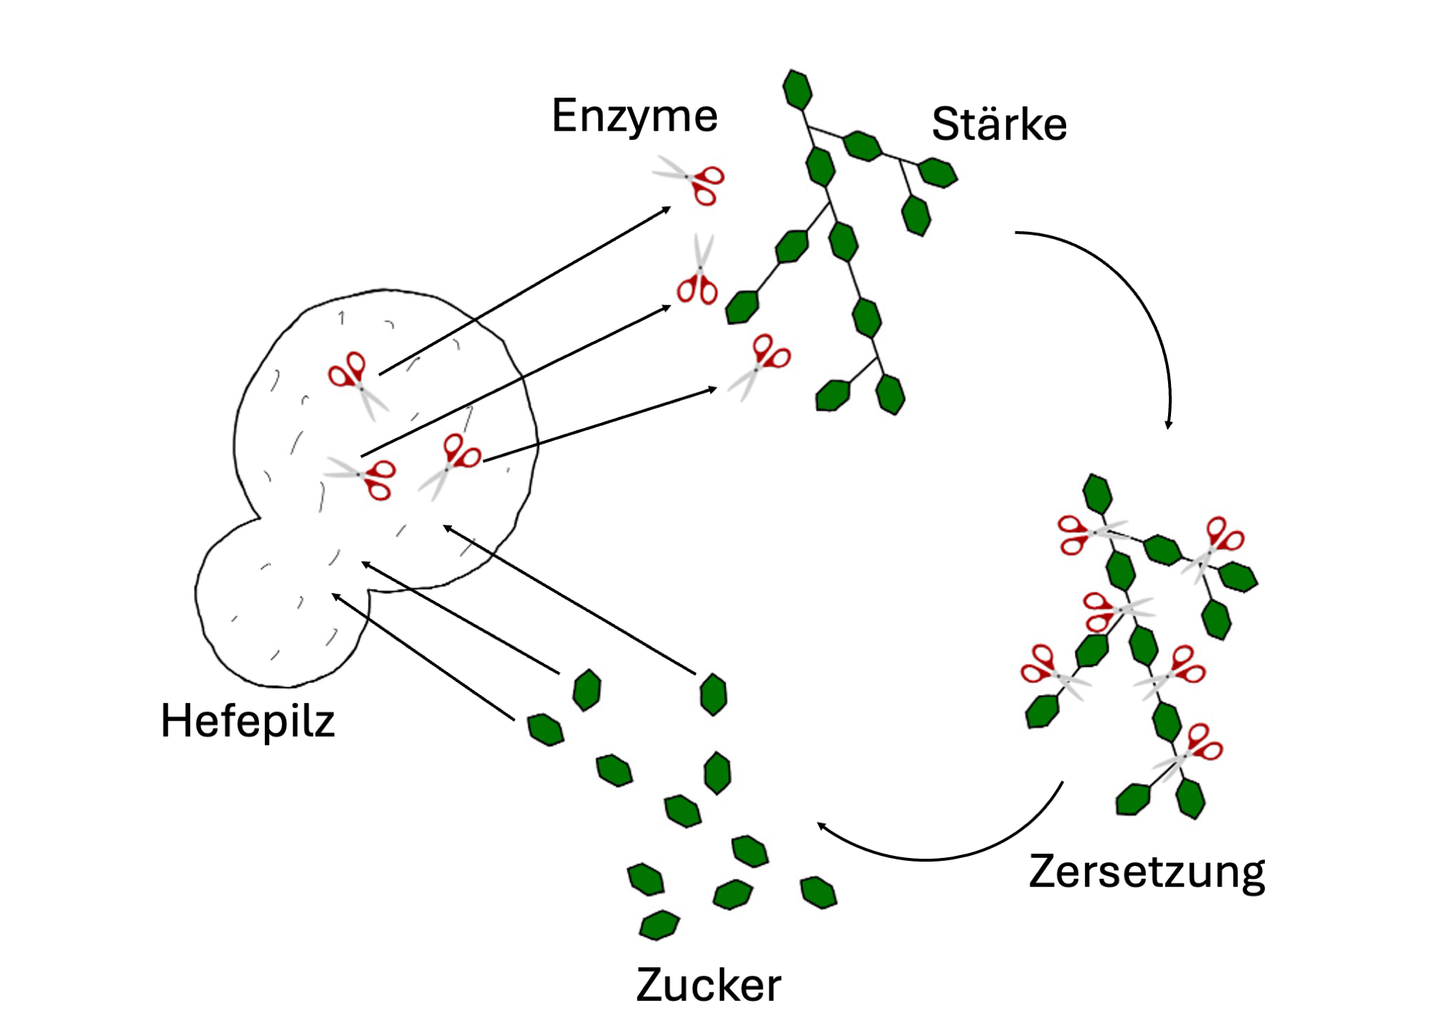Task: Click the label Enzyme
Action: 634,116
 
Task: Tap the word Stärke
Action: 999,123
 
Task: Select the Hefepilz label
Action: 248,722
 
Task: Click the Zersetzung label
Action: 1147,872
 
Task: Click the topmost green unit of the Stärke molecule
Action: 797,90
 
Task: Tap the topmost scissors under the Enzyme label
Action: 689,179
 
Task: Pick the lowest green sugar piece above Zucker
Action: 659,925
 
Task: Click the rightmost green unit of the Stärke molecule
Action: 938,172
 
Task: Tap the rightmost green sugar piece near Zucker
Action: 818,892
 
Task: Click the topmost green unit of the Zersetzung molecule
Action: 1097,494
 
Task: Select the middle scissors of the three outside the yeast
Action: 697,271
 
